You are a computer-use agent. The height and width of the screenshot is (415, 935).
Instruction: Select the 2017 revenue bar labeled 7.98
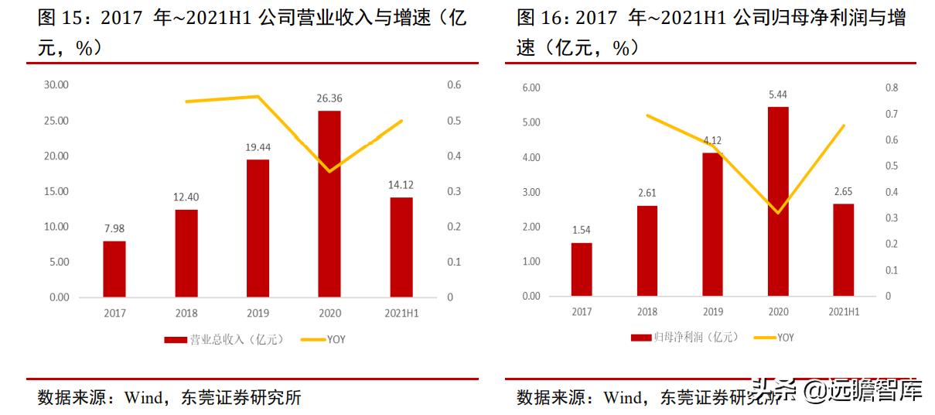tap(114, 269)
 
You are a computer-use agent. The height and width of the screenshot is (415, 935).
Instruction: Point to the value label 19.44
tap(258, 146)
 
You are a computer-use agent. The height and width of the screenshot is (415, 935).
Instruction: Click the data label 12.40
tap(186, 197)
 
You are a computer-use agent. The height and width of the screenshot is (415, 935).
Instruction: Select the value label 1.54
tap(582, 230)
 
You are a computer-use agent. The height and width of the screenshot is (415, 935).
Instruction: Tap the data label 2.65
tap(843, 191)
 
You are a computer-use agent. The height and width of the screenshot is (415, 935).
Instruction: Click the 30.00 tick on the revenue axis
tap(57, 85)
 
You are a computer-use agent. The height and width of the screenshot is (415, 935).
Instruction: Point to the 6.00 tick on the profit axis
tap(531, 87)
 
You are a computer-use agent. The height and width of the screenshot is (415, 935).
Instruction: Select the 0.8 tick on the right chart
tap(892, 88)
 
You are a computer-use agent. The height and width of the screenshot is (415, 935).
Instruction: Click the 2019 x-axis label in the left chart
tap(258, 314)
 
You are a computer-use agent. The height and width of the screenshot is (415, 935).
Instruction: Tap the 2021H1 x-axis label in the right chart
tap(844, 312)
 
